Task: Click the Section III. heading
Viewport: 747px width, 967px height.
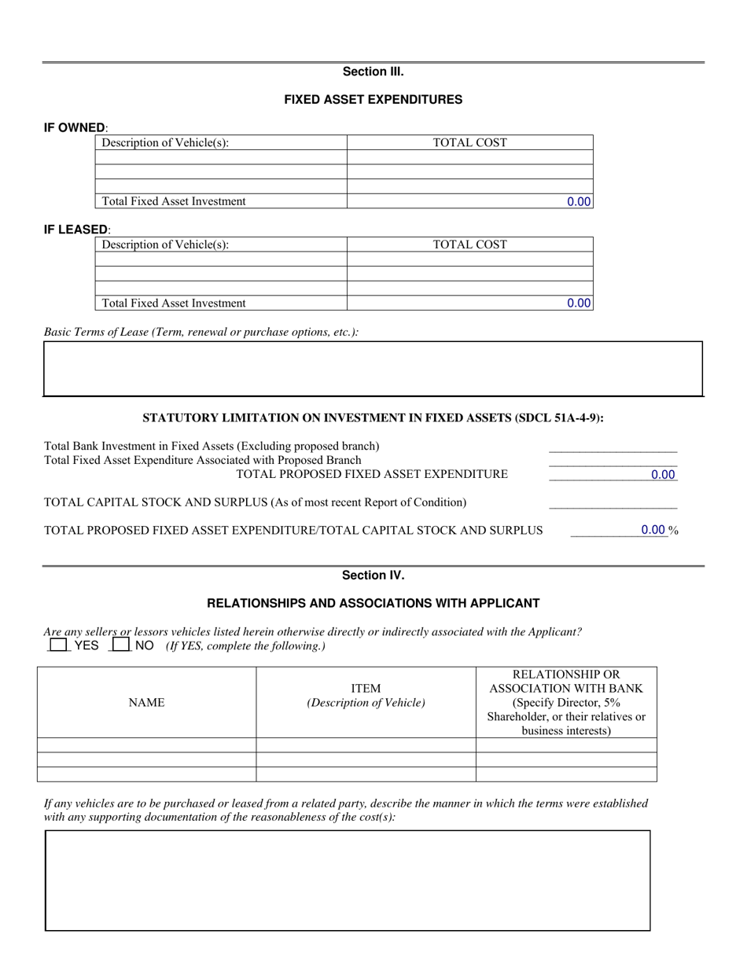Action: (x=373, y=72)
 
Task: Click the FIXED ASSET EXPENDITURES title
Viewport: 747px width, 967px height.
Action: (x=373, y=100)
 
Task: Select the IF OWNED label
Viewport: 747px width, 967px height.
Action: (x=75, y=127)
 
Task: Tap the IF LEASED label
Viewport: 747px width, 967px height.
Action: (x=76, y=229)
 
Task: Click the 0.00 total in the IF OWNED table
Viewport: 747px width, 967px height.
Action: (x=579, y=201)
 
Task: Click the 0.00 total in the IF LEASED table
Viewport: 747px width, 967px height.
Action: (x=579, y=303)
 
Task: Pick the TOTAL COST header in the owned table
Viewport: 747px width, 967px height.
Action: (x=470, y=142)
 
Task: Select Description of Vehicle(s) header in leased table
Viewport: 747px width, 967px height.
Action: (x=166, y=245)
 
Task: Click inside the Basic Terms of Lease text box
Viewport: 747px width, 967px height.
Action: (x=373, y=368)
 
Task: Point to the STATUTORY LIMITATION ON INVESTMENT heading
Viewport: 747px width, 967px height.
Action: (x=373, y=417)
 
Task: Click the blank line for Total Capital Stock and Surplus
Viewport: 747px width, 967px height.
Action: (x=613, y=503)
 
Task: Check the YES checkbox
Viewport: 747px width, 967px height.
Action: (x=58, y=645)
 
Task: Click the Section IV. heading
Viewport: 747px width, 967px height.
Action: (x=373, y=575)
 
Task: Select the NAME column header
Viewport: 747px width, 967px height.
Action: (x=146, y=703)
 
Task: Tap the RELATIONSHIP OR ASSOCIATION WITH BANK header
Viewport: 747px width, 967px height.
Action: (x=566, y=702)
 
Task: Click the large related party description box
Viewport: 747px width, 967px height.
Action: (x=348, y=881)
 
